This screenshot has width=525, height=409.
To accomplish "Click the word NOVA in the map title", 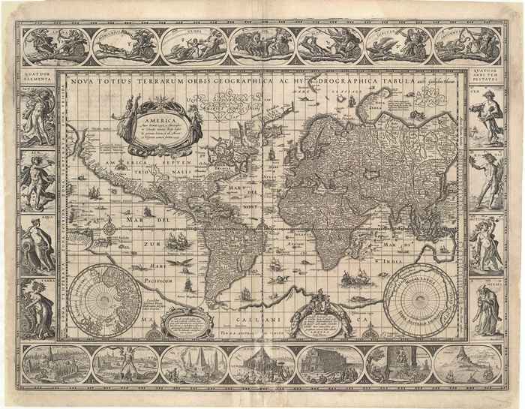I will coord(79,83).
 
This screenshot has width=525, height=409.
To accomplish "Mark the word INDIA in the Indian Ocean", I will coord(434,260).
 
